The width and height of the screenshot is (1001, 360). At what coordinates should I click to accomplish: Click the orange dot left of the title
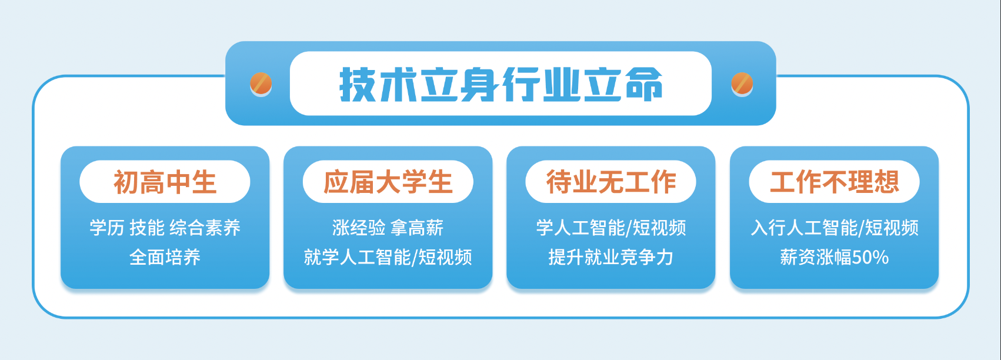[261, 83]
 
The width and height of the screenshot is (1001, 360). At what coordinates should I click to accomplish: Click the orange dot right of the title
[742, 83]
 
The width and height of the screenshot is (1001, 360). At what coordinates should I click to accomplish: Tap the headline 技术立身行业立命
[500, 85]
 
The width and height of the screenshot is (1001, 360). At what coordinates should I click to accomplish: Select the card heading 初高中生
[165, 182]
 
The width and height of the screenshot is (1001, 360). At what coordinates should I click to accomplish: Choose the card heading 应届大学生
[388, 182]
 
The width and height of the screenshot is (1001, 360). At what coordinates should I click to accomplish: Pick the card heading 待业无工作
[611, 182]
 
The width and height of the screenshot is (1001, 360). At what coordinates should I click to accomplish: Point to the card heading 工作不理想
[835, 182]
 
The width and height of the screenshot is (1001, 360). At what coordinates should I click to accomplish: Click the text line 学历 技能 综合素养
[165, 228]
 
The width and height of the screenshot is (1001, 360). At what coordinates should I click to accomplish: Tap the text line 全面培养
[165, 257]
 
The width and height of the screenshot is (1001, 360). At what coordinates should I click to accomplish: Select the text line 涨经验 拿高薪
[388, 228]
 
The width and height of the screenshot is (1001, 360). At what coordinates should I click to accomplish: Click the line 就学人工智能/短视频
[388, 257]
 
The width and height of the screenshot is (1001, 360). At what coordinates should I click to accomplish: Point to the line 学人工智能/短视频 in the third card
[611, 228]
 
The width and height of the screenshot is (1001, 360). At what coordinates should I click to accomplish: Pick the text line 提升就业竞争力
[611, 257]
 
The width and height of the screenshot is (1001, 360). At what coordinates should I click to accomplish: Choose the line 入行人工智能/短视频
[835, 228]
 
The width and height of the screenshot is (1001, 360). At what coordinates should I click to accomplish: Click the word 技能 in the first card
[147, 228]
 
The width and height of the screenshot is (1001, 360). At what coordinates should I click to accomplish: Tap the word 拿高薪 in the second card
[417, 228]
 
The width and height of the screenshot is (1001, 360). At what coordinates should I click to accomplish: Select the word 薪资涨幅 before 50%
[816, 257]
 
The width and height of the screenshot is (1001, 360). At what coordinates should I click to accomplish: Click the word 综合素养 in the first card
[205, 228]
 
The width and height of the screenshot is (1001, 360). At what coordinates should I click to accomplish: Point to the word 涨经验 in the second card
[359, 228]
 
